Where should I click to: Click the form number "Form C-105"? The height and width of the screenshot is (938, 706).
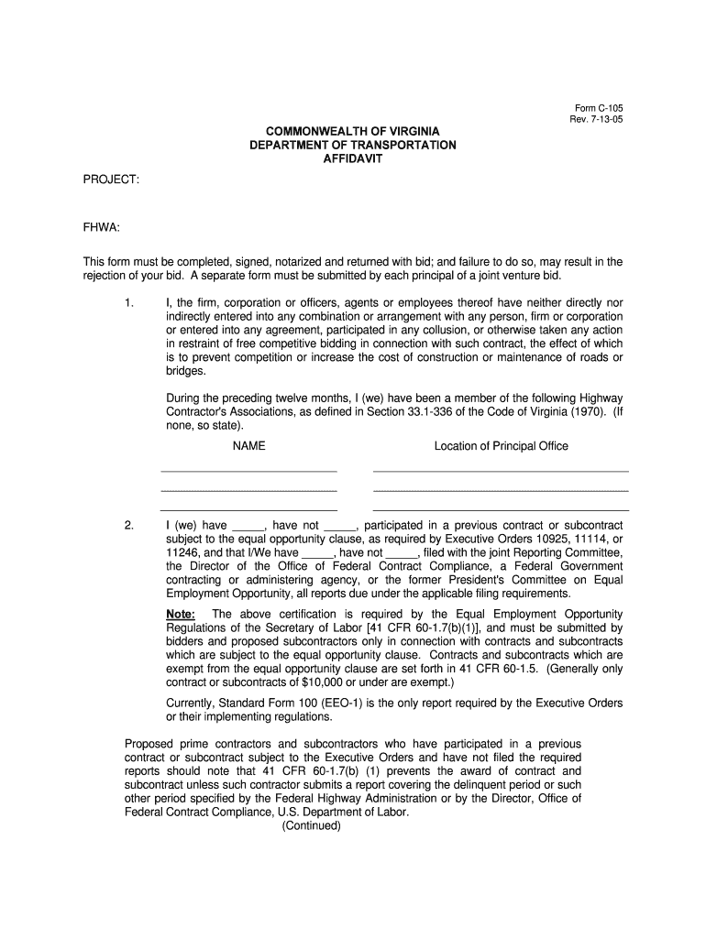coord(597,108)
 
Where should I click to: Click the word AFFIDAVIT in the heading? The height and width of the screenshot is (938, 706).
coord(353,158)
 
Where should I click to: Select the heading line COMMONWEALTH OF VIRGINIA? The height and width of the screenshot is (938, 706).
coord(353,132)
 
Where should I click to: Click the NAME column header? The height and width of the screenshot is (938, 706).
coord(248,446)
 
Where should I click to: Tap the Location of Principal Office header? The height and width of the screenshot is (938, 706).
coord(501,446)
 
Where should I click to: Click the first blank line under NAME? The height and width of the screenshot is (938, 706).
coord(248,470)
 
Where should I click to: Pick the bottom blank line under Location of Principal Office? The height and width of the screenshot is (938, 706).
coord(501,509)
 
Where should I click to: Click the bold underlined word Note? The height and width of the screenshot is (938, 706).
coord(181,614)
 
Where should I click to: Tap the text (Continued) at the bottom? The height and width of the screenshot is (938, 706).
coord(312,825)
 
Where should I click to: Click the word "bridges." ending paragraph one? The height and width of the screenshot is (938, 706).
coord(186,371)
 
